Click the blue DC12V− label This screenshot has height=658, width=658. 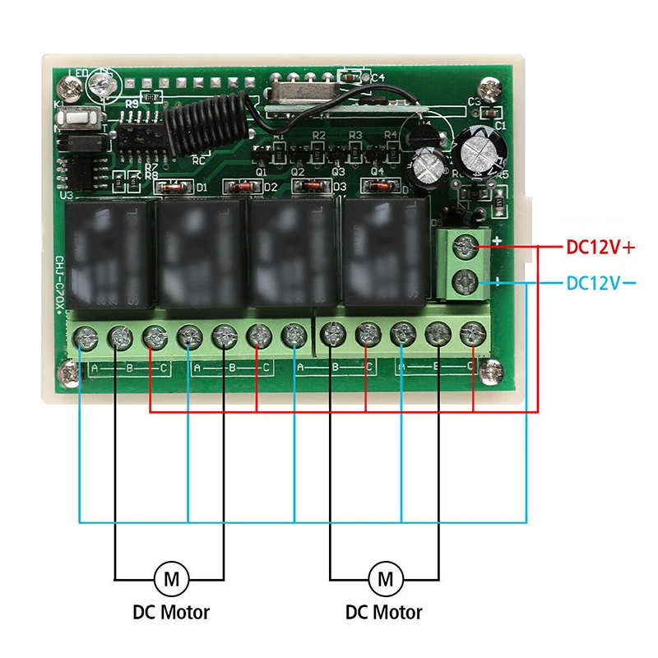pyautogui.click(x=603, y=284)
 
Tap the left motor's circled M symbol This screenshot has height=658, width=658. pyautogui.click(x=171, y=577)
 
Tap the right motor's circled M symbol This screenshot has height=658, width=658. pyautogui.click(x=385, y=577)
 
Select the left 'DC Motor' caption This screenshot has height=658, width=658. pyautogui.click(x=171, y=613)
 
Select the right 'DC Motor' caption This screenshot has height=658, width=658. pyautogui.click(x=384, y=613)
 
